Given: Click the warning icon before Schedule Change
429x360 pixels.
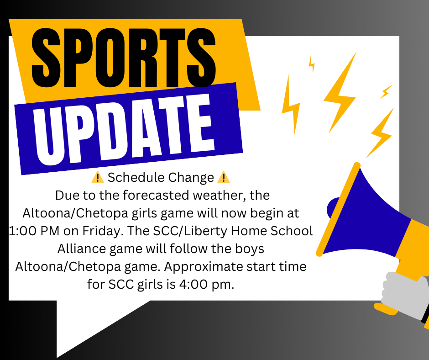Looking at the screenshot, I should click(99, 177).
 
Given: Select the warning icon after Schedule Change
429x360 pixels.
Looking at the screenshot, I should click(224, 177).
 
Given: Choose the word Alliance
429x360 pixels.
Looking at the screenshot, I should click(82, 249).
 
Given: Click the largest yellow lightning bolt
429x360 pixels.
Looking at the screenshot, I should click(340, 94).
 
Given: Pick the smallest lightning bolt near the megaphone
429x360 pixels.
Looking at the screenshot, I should click(312, 64).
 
